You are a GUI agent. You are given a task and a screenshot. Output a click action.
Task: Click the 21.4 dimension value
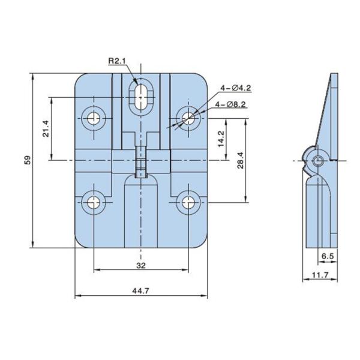coord(46,128)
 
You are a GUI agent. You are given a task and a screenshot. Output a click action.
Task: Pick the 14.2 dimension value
coord(221,139)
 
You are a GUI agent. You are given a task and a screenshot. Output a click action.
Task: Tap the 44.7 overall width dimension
coord(142,291)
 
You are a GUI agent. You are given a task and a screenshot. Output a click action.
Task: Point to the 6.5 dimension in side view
coord(328,256)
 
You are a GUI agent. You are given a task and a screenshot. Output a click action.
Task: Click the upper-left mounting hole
coord(94,118)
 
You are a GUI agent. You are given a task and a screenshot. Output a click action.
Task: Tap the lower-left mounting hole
coord(94,202)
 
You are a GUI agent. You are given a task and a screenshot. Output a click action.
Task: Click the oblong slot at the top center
coord(143,95)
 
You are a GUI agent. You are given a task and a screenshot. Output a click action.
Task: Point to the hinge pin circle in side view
coord(319,160)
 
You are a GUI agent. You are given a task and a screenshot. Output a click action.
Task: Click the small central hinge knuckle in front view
coord(142,161)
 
